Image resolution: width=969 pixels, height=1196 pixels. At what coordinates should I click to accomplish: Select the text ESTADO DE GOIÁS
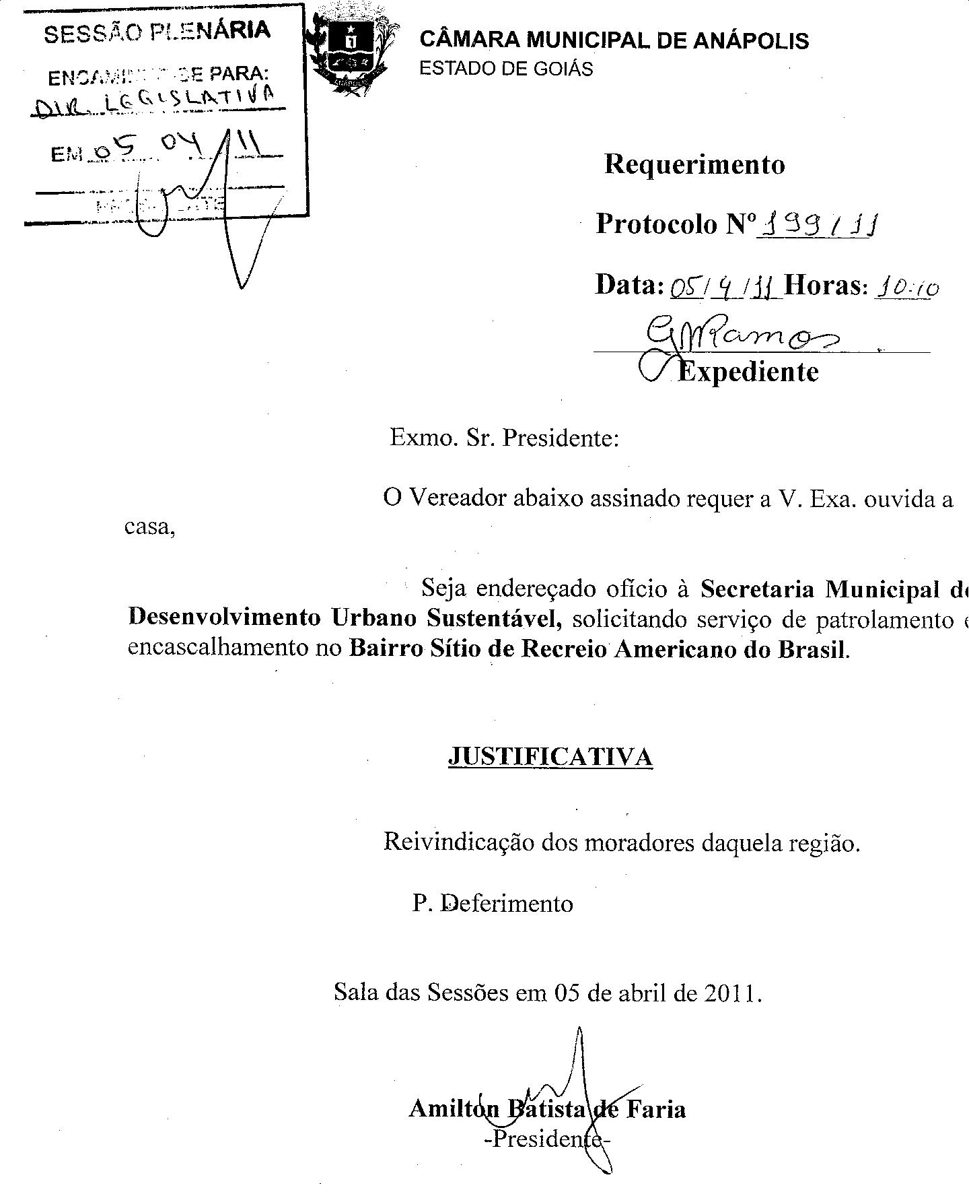click(506, 69)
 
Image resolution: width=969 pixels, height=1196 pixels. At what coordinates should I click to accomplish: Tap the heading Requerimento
click(694, 164)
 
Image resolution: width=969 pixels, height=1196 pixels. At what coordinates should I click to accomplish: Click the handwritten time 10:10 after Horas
click(906, 288)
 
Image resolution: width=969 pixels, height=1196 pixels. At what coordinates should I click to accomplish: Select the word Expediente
click(748, 372)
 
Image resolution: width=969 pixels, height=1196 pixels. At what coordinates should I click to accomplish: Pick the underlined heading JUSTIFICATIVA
click(550, 757)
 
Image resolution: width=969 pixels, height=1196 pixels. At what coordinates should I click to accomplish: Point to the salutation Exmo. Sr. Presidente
click(504, 438)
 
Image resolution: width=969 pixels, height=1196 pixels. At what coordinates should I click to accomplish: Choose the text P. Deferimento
click(493, 903)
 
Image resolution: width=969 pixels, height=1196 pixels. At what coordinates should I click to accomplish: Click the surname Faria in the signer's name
click(656, 1108)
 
